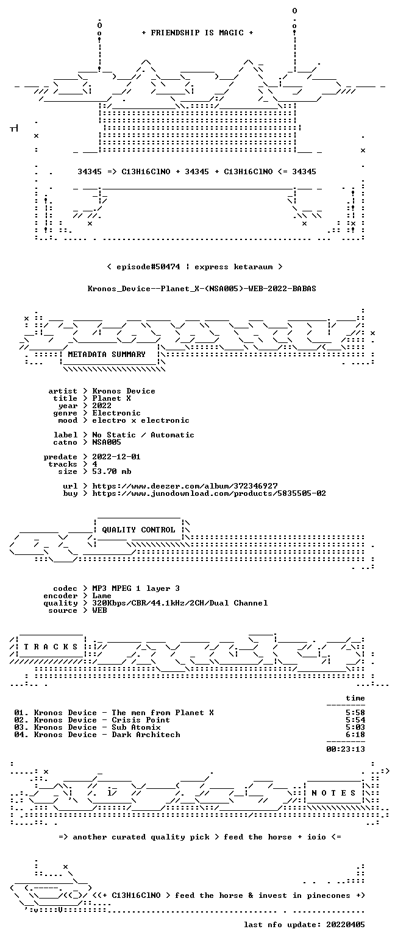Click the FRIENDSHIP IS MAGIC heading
click(x=197, y=33)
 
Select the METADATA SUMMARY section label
click(x=107, y=355)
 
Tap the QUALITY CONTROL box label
click(x=138, y=529)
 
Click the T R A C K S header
click(x=51, y=646)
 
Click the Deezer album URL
click(x=185, y=486)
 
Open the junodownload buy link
click(x=209, y=493)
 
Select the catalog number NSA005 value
click(x=107, y=442)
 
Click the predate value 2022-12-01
click(x=116, y=457)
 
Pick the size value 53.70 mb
click(x=112, y=472)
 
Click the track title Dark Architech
click(x=146, y=735)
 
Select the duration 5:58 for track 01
click(x=355, y=713)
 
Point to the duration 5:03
click(x=355, y=727)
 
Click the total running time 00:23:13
click(x=345, y=749)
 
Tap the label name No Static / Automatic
click(x=143, y=435)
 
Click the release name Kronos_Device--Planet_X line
click(x=202, y=289)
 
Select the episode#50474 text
click(x=148, y=267)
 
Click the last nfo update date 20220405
click(x=345, y=925)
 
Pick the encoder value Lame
click(x=101, y=596)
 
